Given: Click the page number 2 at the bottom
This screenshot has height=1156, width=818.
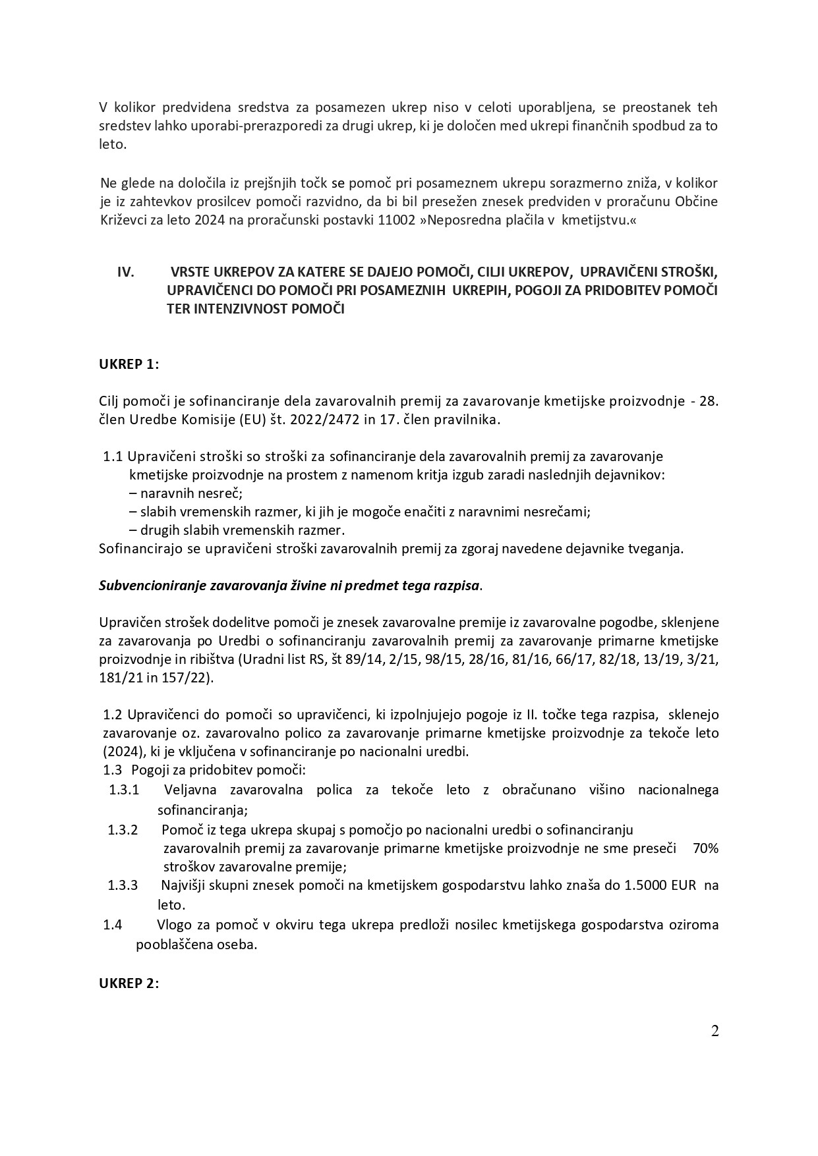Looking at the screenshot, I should pos(715,1031).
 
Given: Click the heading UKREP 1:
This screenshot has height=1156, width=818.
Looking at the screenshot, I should pos(129,364).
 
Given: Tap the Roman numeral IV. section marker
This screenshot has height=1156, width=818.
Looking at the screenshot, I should pos(125,271).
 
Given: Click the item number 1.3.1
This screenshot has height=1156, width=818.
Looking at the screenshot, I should pos(123,790).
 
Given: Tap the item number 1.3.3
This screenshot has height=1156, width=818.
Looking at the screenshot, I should pos(123,885).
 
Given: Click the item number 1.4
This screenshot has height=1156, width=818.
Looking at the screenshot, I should pos(113,925).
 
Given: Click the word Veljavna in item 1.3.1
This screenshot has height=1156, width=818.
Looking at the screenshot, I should pos(192,790).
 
